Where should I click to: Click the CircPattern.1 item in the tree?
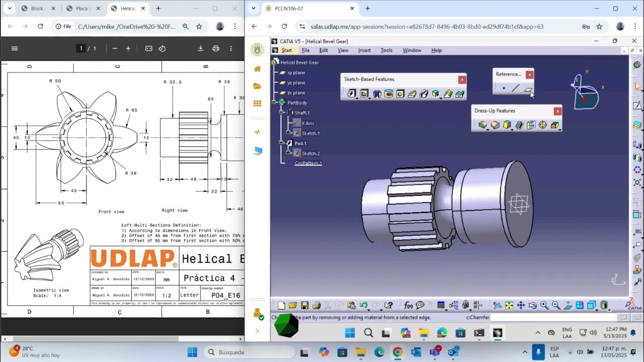point(308,163)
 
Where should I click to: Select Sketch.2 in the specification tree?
point(310,153)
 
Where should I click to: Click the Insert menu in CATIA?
point(364,50)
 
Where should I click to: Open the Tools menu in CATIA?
point(386,50)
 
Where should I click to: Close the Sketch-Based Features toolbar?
point(462,79)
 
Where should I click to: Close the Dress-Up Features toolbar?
point(557,111)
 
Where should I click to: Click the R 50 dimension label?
point(55,81)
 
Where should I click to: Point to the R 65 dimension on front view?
point(131,110)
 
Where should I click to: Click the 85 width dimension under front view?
point(61,203)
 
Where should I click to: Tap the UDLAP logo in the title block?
point(133,258)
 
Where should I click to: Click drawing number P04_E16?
point(226,296)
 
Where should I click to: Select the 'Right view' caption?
point(175,211)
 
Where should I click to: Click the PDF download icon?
point(200,48)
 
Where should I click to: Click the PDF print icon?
point(216,48)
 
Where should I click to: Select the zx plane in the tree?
point(296,93)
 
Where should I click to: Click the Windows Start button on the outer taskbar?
point(192,352)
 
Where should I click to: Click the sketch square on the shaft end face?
point(518,203)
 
